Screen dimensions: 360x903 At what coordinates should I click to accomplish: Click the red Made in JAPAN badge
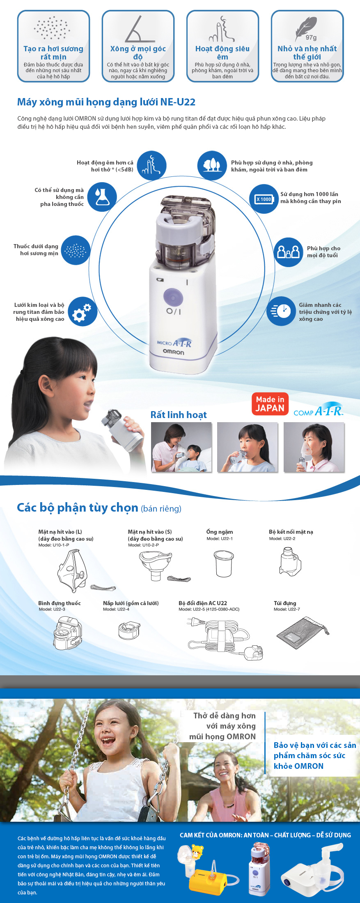[x=270, y=404]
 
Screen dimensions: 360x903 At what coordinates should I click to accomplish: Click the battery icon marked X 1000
[x=264, y=199]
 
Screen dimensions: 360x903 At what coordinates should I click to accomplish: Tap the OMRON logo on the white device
[x=174, y=352]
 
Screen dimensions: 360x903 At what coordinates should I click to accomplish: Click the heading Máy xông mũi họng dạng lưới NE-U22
[x=106, y=102]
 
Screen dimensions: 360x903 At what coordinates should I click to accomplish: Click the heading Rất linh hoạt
[x=179, y=415]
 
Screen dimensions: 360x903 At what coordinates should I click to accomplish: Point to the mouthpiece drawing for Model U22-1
[x=224, y=563]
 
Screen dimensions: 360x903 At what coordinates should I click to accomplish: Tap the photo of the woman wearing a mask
[x=314, y=447]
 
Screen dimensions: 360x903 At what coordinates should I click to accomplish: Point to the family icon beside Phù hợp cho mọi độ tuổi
[x=289, y=252]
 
